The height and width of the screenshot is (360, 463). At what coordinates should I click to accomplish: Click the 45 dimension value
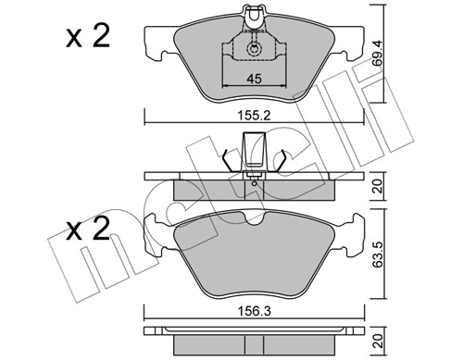point(253,80)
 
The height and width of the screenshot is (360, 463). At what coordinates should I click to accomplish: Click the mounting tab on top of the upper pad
point(253,14)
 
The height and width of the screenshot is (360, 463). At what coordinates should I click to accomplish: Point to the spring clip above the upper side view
point(252,152)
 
